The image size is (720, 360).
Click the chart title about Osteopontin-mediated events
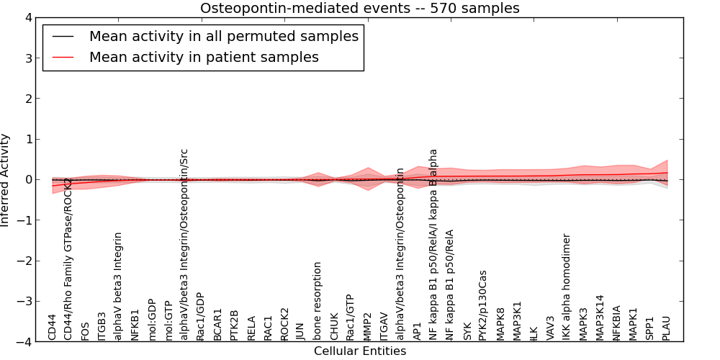point(359,9)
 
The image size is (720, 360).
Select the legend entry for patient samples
point(204,57)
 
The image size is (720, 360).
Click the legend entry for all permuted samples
point(223,36)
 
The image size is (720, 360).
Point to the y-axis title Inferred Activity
point(6,180)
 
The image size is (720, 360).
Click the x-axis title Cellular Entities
point(359,351)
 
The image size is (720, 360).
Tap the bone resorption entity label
point(318,301)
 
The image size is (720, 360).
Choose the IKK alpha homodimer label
point(567,287)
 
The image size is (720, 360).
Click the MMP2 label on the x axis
point(368,326)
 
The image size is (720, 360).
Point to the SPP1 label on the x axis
point(650,328)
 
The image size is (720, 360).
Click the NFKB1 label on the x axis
point(135,325)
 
